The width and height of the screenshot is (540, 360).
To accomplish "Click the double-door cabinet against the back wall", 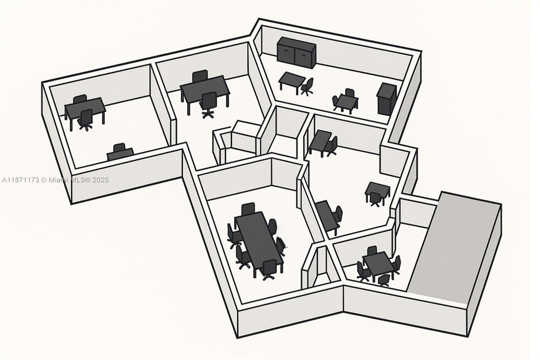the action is click(297, 52).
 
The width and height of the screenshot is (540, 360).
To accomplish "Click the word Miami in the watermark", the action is click(59, 179).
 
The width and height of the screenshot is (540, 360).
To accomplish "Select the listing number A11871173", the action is click(20, 179).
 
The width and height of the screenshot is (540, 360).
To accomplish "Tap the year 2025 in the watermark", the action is click(100, 179).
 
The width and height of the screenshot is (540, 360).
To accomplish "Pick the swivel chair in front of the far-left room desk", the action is click(85, 119).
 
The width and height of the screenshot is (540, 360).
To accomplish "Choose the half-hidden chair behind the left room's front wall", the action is click(119, 151).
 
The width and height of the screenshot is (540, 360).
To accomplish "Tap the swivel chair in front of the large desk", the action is click(208, 104).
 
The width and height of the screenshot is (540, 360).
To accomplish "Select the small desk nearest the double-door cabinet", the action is click(291, 81).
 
